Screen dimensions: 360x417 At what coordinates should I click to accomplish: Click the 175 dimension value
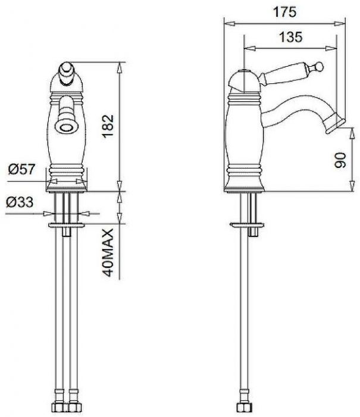[x=284, y=12]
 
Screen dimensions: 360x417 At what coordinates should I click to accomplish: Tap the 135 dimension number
[x=290, y=37]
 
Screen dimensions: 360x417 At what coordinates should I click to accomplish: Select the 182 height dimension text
[x=108, y=126]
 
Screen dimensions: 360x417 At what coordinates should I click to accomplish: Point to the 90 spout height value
[x=340, y=160]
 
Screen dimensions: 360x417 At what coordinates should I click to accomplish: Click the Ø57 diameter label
[x=21, y=169]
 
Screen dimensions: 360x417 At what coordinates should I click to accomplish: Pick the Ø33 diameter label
[x=20, y=202]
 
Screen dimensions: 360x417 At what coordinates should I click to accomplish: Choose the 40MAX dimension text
[x=108, y=253]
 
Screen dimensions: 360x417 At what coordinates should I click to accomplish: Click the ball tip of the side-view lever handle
[x=319, y=66]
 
